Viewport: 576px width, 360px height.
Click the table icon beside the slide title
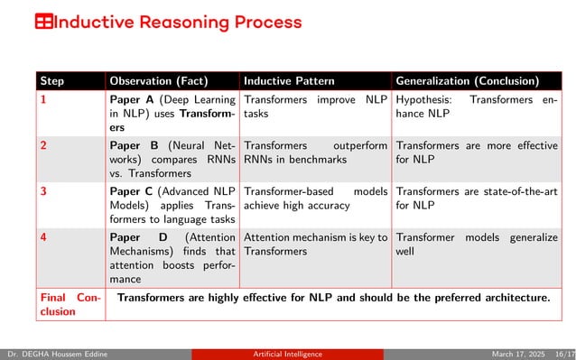tap(43, 22)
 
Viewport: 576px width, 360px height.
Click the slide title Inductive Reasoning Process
tap(178, 22)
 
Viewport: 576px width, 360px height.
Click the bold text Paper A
tap(131, 100)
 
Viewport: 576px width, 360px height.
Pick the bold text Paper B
tap(131, 144)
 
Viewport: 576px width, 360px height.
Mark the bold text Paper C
tap(131, 190)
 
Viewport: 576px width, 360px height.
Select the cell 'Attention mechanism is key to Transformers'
tap(315, 244)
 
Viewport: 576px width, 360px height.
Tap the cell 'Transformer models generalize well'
tap(476, 244)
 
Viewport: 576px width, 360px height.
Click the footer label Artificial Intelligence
tap(288, 354)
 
